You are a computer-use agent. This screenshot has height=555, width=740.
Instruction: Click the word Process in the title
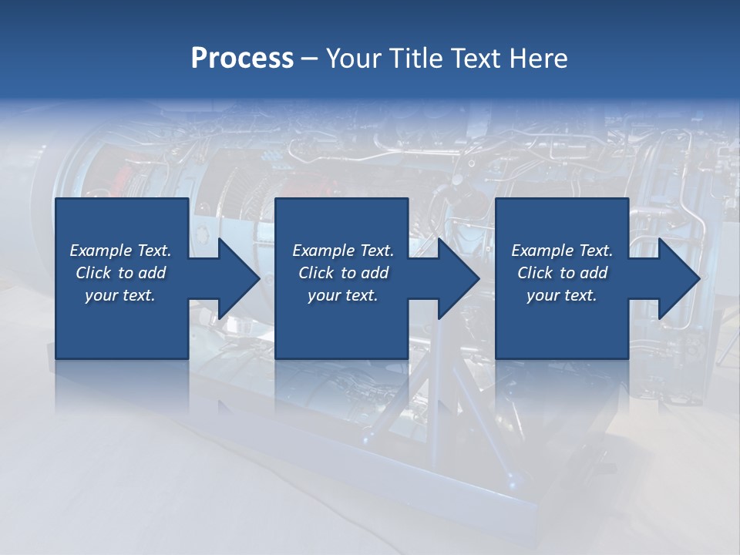242,59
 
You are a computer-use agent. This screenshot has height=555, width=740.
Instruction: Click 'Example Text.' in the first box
120,251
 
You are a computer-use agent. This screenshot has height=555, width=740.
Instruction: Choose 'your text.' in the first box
120,295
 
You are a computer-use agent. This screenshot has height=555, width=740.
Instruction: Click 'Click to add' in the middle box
343,273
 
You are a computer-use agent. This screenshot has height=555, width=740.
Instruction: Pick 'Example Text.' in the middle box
343,251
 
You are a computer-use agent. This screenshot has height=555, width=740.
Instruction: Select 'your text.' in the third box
562,295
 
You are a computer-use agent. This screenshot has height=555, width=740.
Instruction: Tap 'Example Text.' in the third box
562,251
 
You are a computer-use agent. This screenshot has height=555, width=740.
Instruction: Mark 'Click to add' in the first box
120,273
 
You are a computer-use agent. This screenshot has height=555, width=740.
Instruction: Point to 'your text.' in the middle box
343,295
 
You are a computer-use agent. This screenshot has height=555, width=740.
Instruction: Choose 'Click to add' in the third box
562,273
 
